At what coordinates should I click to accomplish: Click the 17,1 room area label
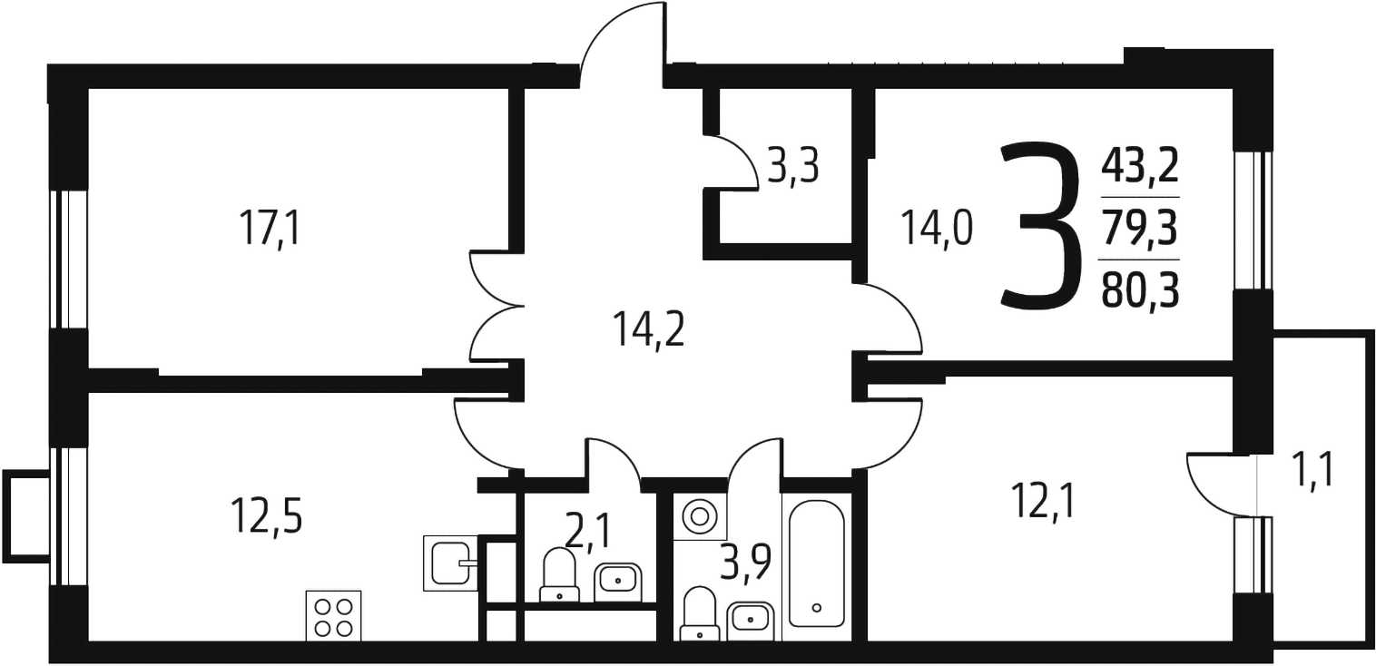tap(270, 228)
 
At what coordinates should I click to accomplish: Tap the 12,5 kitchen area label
tap(267, 516)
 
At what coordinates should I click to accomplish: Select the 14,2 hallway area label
tap(649, 329)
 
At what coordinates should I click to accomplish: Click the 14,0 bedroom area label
tap(937, 228)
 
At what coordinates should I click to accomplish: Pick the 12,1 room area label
tap(1044, 500)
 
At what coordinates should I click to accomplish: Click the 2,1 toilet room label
tap(588, 533)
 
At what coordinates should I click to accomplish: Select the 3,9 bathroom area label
tap(745, 563)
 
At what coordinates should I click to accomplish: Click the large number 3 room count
tap(1040, 225)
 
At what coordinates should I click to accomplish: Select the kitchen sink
tap(451, 563)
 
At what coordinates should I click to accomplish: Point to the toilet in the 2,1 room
tap(559, 575)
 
